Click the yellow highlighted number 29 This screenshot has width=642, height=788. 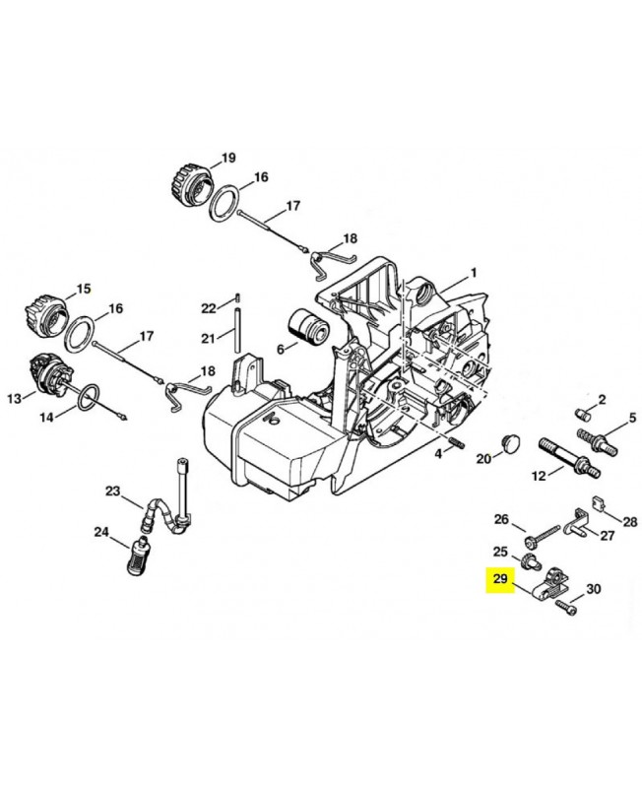pos(499,579)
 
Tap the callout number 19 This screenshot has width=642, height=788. pos(228,158)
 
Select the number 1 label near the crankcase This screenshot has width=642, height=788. pos(473,272)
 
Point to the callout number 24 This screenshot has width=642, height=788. pos(101,532)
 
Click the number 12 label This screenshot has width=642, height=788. pos(539,476)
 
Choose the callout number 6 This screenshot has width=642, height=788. pos(280,348)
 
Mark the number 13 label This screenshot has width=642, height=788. pos(14,398)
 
